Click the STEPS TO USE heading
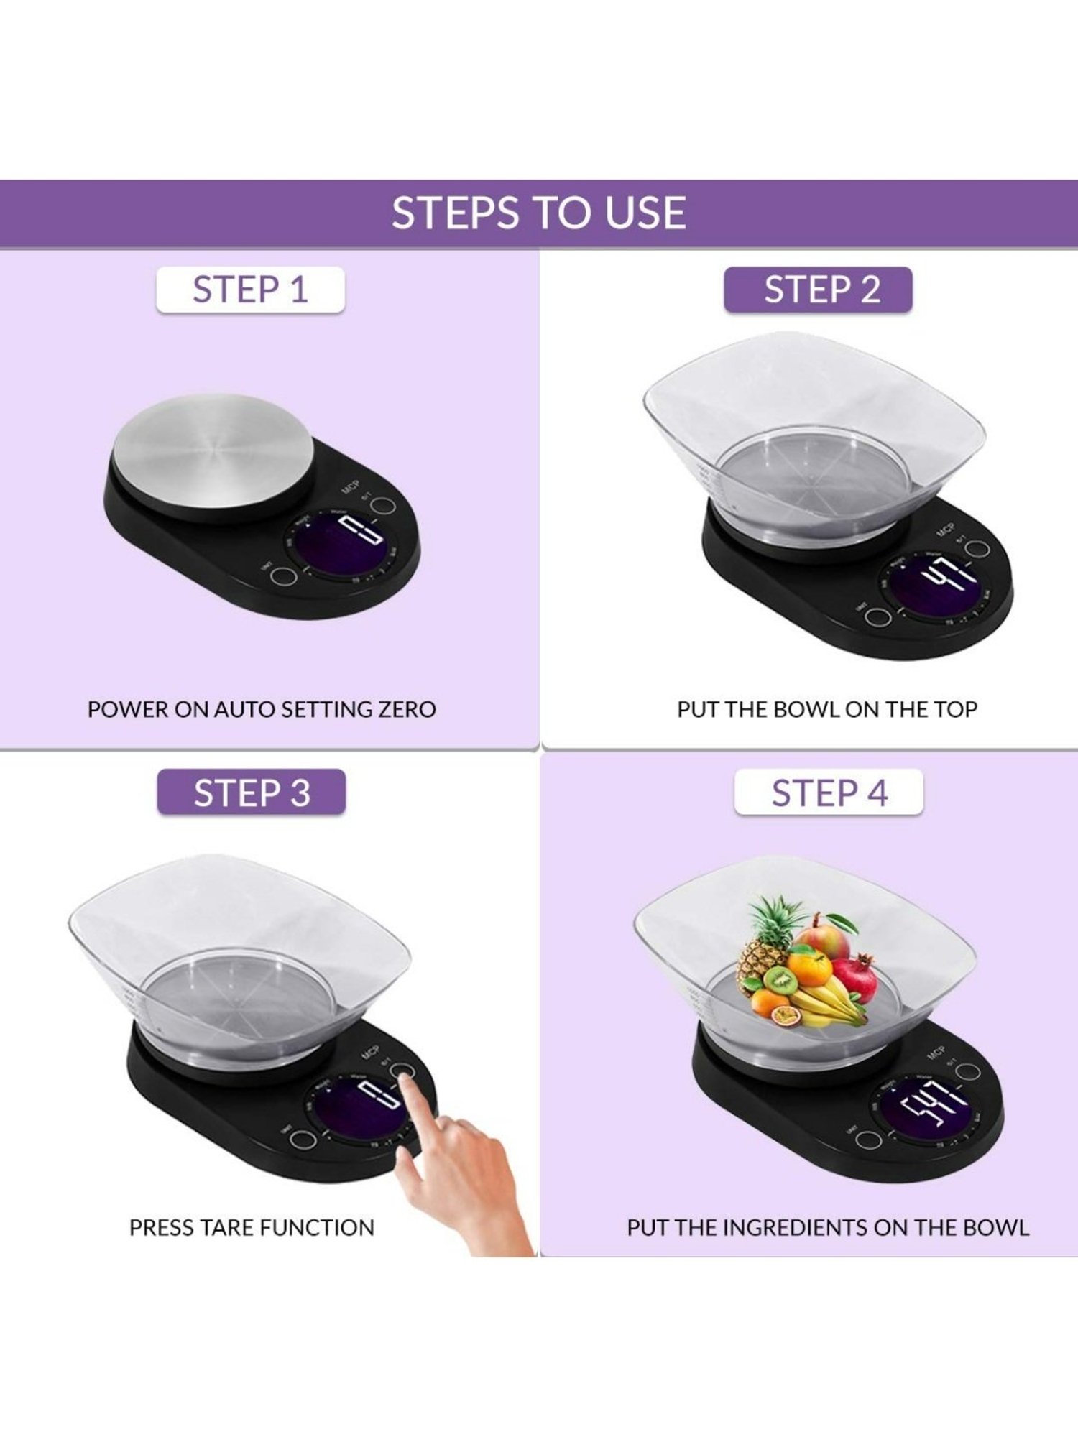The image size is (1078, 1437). click(538, 213)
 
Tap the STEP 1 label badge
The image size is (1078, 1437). click(250, 290)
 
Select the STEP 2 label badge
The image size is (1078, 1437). click(818, 290)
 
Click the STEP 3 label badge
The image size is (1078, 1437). click(251, 793)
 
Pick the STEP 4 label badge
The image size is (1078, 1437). click(829, 793)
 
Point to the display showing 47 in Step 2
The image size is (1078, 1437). click(934, 588)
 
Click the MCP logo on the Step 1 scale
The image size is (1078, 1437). click(350, 487)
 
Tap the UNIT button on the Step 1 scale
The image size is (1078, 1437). click(286, 576)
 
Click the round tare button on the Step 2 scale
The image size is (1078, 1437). click(977, 550)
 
